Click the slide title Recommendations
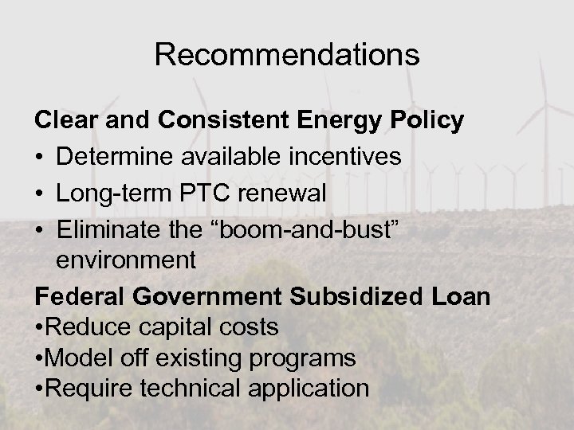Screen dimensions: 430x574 (287, 54)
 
